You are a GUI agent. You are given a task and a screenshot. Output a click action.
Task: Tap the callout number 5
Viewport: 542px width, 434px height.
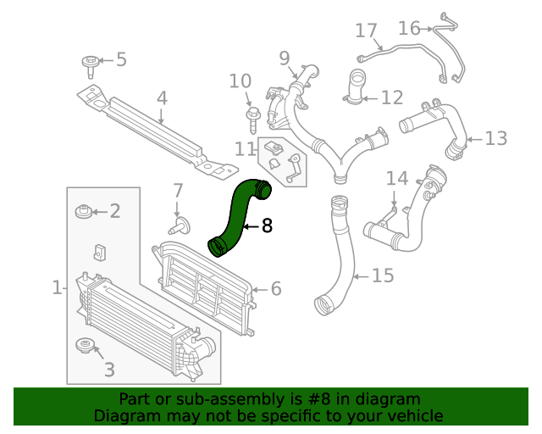[x=121, y=59]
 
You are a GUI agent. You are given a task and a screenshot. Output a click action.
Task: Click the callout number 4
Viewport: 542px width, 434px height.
[x=162, y=99]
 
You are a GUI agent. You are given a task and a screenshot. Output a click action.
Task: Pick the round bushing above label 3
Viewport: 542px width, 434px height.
[x=86, y=345]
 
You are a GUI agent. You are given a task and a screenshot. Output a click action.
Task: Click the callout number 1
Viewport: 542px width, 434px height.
[x=57, y=288]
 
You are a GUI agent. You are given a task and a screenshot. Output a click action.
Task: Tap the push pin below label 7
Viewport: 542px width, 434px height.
[x=179, y=225]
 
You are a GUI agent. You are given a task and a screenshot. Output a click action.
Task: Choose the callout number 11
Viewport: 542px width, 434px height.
[x=246, y=149]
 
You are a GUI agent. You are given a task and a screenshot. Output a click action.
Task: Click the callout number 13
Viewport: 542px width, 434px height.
[x=495, y=137]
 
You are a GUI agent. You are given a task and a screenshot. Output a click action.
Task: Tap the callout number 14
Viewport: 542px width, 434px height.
[x=397, y=178]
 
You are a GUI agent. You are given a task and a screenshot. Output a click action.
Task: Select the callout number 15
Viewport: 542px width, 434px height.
[x=383, y=275]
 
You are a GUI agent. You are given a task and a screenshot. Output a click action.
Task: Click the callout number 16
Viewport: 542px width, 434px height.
[x=409, y=29]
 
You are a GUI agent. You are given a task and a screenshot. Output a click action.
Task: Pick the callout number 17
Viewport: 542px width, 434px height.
[x=366, y=31]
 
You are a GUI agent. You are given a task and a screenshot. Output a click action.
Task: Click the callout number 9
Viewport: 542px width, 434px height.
[x=284, y=58]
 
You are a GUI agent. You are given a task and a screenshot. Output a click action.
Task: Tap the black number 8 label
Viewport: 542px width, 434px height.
[x=268, y=226]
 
